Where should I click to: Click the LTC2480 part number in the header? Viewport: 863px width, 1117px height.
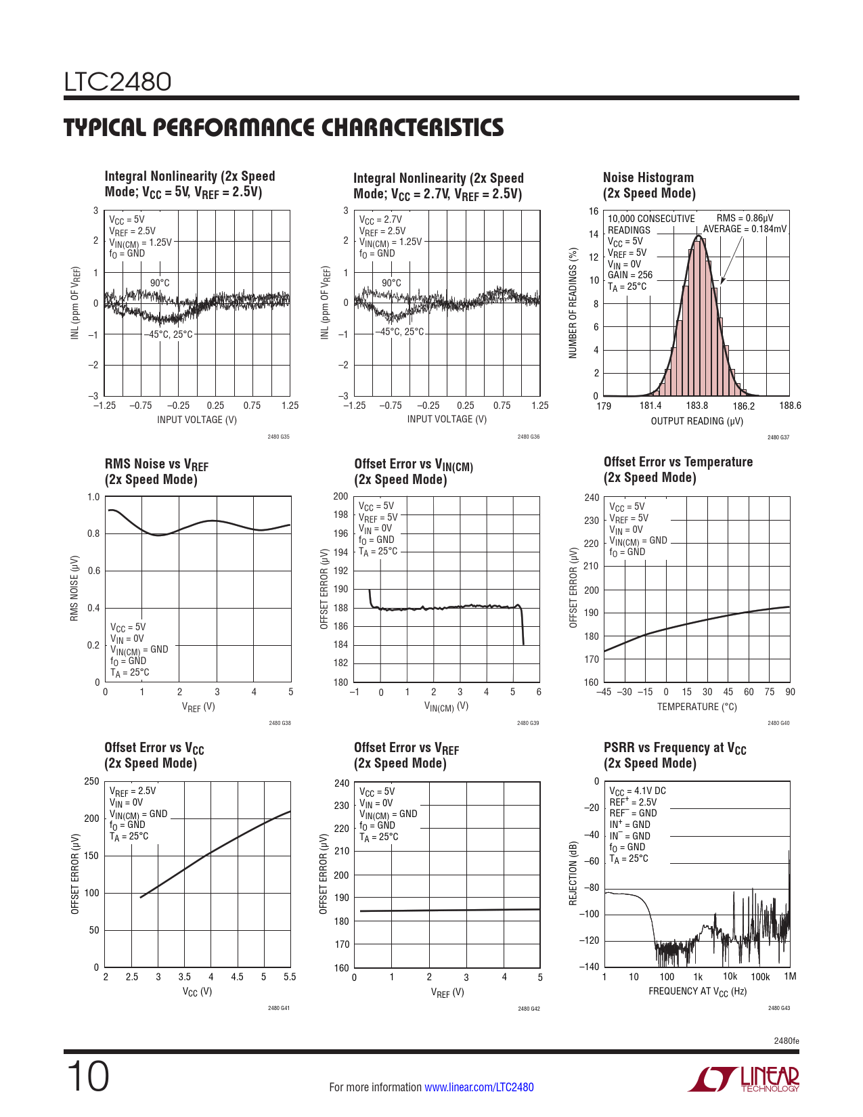tap(118, 82)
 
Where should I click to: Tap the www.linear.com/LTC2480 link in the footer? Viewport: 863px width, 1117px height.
tap(479, 1087)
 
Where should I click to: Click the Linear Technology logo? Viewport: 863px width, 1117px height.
tap(743, 1078)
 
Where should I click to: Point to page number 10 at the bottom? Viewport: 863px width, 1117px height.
tap(88, 1076)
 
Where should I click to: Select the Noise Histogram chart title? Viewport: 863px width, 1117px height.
tap(649, 185)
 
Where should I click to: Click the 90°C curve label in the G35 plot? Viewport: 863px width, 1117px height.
tap(160, 283)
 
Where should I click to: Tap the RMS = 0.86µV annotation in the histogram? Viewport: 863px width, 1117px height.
tap(745, 218)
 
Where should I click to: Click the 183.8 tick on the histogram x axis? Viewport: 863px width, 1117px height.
tap(697, 406)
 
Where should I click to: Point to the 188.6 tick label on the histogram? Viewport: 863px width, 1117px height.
tap(790, 406)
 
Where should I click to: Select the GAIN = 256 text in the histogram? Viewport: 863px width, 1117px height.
tap(630, 275)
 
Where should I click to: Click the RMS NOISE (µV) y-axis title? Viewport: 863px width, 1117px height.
tap(74, 588)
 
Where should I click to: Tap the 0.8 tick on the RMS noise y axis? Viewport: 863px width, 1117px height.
tap(93, 533)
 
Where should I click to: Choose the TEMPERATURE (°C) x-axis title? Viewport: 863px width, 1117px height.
tap(697, 707)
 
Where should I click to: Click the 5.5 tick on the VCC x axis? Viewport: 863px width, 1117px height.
tap(290, 977)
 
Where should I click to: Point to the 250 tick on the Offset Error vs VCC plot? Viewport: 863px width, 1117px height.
tap(91, 781)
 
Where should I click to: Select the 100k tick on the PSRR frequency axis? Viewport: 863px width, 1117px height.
tap(760, 977)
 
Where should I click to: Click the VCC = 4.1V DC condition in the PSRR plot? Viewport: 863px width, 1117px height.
tap(638, 791)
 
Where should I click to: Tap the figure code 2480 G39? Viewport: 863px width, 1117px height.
tap(528, 723)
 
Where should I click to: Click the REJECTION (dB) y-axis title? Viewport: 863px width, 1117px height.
tap(573, 873)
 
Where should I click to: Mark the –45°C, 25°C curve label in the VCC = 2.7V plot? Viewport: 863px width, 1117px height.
tap(399, 332)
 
